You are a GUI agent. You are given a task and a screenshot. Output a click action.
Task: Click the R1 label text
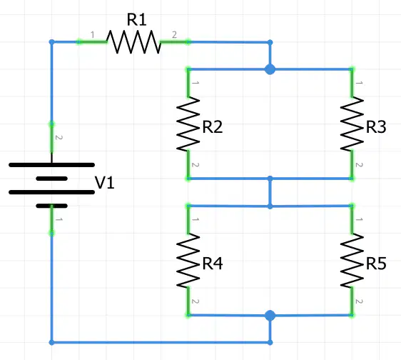(x=136, y=20)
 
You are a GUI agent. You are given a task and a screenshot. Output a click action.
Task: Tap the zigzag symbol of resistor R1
(x=133, y=41)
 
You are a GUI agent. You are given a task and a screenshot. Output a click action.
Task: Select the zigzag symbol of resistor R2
(x=188, y=124)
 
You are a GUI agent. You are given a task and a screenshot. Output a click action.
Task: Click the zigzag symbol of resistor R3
(x=352, y=124)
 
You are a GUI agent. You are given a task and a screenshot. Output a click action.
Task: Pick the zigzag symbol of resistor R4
(x=188, y=261)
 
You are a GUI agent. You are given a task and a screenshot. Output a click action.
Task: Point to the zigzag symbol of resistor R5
(x=352, y=261)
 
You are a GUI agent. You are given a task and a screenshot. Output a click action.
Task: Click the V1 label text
(x=105, y=183)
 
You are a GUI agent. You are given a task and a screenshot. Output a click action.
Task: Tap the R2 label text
(x=213, y=126)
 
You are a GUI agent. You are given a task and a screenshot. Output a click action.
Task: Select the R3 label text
(x=376, y=126)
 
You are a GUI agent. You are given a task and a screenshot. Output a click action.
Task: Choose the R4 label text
(x=213, y=264)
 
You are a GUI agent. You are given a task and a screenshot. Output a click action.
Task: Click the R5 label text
(x=376, y=264)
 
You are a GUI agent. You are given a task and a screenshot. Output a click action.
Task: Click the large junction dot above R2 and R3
(x=270, y=69)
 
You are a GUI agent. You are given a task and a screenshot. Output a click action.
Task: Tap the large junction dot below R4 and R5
(x=270, y=316)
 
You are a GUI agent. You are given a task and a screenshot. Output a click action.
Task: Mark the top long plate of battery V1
(x=51, y=165)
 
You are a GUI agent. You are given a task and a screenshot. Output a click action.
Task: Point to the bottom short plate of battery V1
(x=51, y=206)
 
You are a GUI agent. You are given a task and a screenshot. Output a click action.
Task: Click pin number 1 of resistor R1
(x=93, y=34)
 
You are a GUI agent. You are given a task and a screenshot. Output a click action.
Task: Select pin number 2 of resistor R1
(x=174, y=34)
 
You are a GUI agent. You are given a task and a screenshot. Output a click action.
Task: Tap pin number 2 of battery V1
(x=59, y=137)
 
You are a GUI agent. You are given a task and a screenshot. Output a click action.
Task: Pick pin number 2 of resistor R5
(x=359, y=301)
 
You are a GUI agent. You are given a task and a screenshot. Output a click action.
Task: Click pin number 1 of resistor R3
(x=359, y=83)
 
